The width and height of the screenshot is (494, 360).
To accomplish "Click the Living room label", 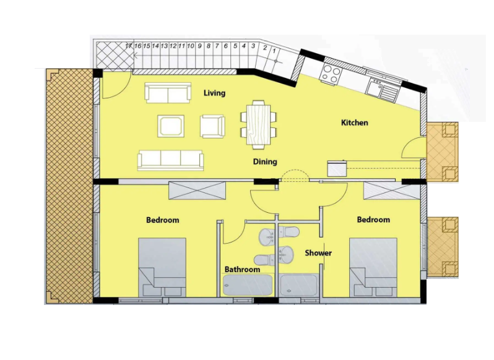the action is click(x=214, y=93).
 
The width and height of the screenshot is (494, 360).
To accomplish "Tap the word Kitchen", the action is click(x=355, y=122).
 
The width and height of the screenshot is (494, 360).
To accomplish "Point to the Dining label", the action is click(x=265, y=161).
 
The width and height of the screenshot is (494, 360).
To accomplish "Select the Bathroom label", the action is click(x=242, y=269).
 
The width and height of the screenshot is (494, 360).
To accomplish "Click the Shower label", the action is click(x=318, y=253).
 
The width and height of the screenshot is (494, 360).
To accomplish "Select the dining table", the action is click(x=259, y=124).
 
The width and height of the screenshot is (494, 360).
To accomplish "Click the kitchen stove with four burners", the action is click(x=331, y=74).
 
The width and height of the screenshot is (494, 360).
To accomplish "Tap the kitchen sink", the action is click(x=382, y=88).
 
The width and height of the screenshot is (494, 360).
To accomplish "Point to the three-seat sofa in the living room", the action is click(x=170, y=160).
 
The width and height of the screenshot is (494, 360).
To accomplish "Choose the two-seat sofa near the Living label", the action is click(x=168, y=93).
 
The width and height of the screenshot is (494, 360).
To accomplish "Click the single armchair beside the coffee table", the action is click(x=213, y=126).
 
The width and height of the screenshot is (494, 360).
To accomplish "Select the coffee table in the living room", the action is click(x=171, y=126).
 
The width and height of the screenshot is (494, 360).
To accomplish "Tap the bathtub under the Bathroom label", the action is click(x=248, y=285).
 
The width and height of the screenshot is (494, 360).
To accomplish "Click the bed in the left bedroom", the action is click(x=162, y=267).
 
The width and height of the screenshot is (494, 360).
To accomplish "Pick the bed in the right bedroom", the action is click(x=373, y=267).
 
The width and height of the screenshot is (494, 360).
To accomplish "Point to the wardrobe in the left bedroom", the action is click(x=197, y=191).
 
